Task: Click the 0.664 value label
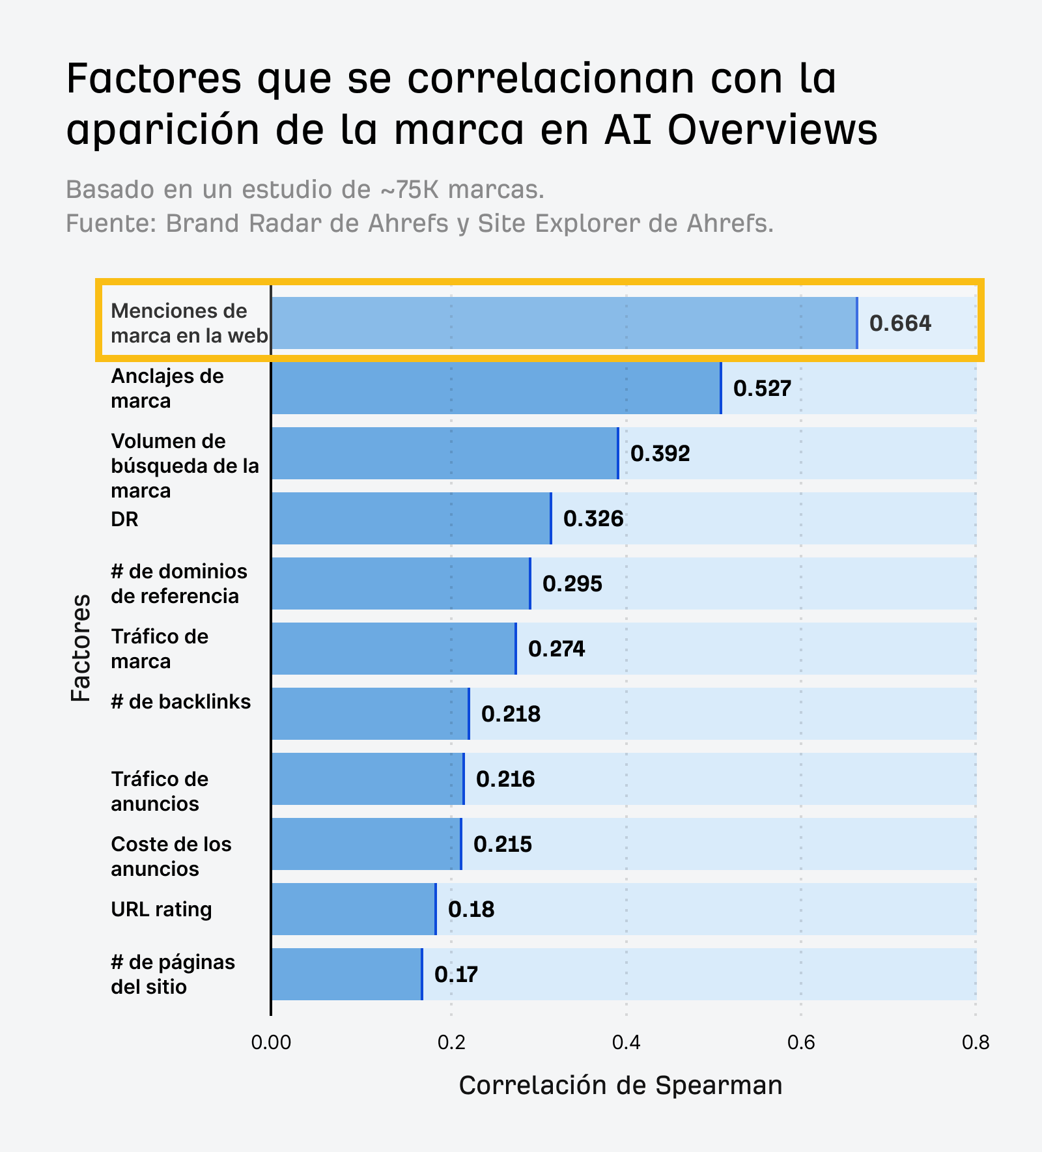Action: (900, 324)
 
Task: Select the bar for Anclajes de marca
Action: (496, 388)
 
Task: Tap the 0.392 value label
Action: (660, 453)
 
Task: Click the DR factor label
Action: (124, 520)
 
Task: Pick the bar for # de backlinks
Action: (369, 714)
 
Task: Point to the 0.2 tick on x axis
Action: (450, 1043)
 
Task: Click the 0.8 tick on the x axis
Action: (975, 1043)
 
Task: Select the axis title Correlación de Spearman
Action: (620, 1086)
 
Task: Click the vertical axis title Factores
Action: (81, 647)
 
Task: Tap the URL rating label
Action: (162, 909)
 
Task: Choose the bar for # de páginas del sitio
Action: (346, 974)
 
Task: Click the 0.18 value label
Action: (471, 909)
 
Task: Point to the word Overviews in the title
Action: (772, 129)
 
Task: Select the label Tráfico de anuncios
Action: (160, 791)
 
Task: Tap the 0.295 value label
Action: (572, 583)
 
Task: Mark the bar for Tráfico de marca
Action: (393, 649)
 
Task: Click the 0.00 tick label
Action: (270, 1043)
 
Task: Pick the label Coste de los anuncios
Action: (171, 856)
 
